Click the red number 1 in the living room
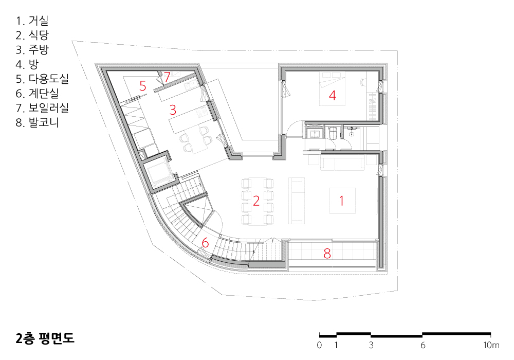pos(342,201)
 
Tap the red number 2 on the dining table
pos(256,201)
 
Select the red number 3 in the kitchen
pos(173,110)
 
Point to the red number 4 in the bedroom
pos(333,96)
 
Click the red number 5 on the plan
pos(142,86)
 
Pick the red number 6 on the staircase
pos(205,243)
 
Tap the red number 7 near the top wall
pos(167,77)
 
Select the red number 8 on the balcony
pos(327,254)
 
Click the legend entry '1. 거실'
pos(32,21)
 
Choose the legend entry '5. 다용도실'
pos(42,79)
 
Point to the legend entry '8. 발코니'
pos(38,122)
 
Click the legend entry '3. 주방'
pos(32,49)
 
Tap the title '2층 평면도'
pos(45,338)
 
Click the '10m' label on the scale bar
pos(491,345)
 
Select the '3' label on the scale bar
pos(371,345)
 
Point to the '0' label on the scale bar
pos(319,345)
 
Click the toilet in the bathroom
pos(333,134)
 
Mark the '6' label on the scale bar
pos(423,345)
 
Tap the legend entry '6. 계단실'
pos(38,94)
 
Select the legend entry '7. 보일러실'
pos(42,108)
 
